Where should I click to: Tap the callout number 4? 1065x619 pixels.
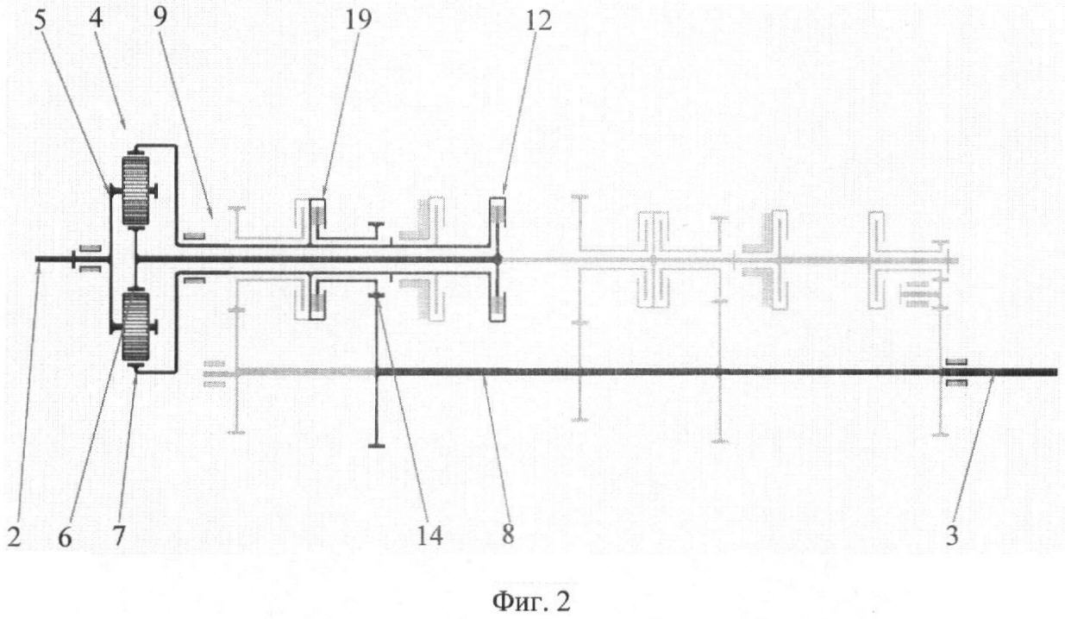click(x=97, y=21)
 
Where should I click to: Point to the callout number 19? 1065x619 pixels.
click(x=358, y=20)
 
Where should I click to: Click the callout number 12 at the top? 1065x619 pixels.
click(x=538, y=21)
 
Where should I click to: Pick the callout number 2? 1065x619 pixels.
click(x=14, y=538)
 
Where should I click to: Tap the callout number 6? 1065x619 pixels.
click(x=64, y=538)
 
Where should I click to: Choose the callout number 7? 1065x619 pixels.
click(x=117, y=538)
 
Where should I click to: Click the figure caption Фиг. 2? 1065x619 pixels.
click(x=531, y=602)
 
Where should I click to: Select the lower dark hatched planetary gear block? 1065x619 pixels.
click(x=135, y=326)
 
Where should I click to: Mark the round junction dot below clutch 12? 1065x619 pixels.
click(x=497, y=259)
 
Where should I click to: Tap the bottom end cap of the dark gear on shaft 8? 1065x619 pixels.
click(x=377, y=445)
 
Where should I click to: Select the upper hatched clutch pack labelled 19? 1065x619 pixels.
click(x=318, y=214)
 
